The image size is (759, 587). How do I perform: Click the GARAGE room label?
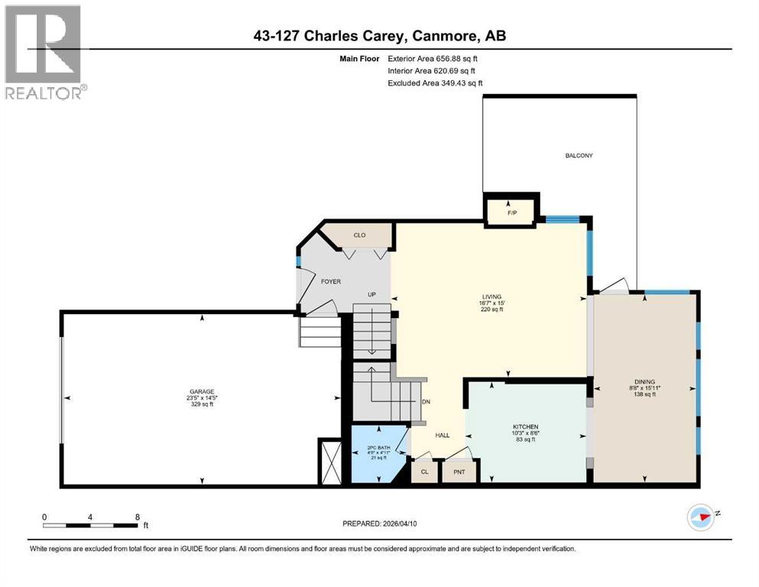click(201, 391)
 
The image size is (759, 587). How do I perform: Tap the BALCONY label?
click(579, 156)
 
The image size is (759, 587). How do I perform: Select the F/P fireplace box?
click(511, 209)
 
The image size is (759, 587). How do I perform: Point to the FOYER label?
click(330, 282)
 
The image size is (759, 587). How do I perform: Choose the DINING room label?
click(644, 382)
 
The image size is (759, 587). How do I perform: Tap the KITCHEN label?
click(525, 426)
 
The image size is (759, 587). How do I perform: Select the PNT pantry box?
click(459, 472)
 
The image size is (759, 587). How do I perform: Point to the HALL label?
click(442, 436)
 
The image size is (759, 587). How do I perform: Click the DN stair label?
click(427, 402)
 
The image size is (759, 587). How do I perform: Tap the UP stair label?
click(372, 294)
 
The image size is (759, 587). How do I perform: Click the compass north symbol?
click(701, 517)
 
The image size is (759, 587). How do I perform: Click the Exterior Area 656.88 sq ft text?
click(435, 58)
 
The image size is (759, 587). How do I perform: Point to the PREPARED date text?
click(379, 524)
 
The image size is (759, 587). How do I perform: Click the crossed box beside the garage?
click(330, 461)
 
